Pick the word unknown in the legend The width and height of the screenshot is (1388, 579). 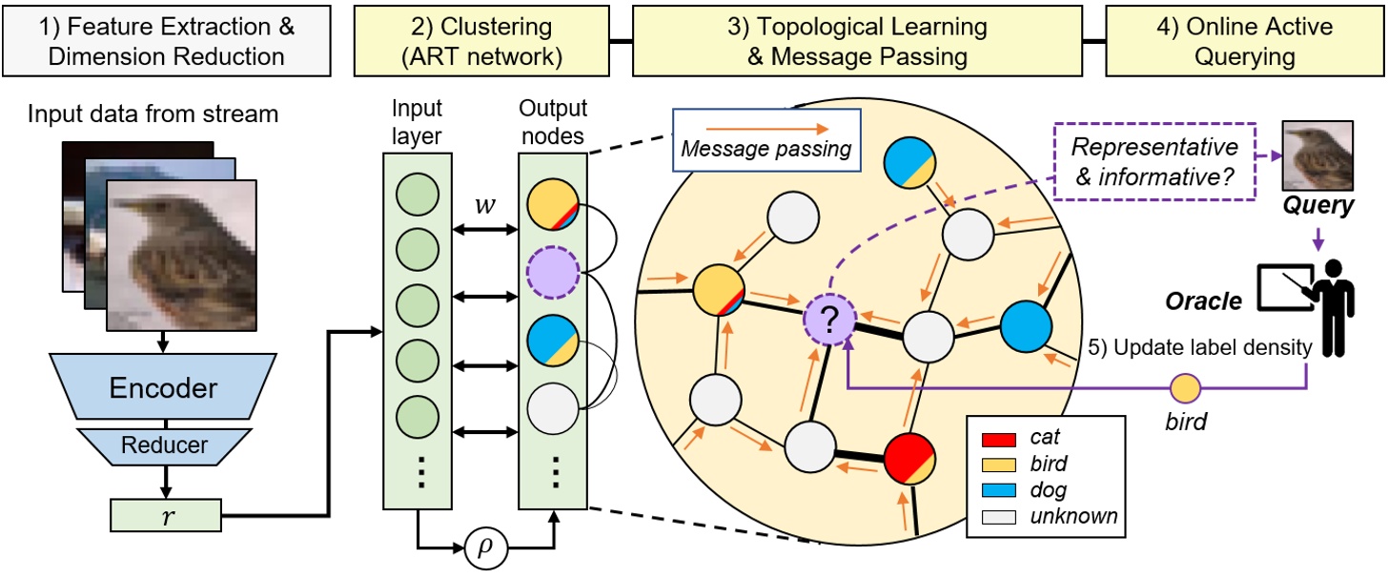tap(1080, 516)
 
